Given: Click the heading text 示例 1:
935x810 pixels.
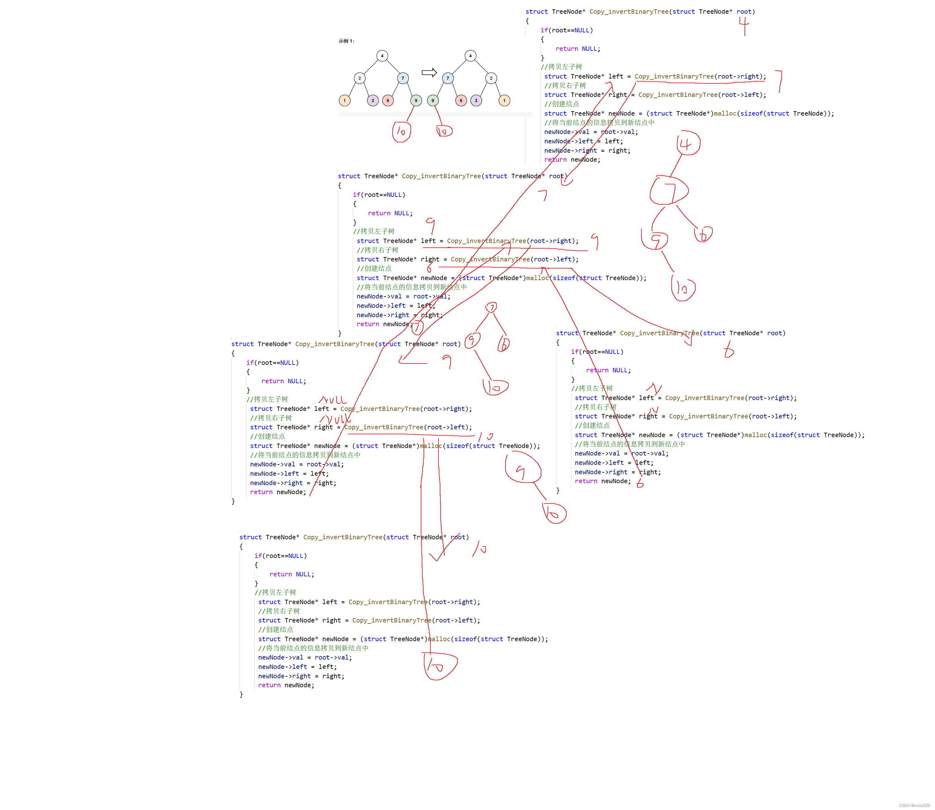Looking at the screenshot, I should pos(346,41).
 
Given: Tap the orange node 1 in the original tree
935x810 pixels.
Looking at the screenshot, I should pos(344,100).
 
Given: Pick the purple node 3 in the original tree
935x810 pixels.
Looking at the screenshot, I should pos(372,100).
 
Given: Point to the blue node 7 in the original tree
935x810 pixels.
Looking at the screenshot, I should pos(403,78).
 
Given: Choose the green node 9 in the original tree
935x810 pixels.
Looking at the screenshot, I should pos(416,100).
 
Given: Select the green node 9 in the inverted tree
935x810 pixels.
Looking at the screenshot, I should pos(433,100).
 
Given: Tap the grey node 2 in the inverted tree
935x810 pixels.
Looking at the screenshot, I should pos(491,78).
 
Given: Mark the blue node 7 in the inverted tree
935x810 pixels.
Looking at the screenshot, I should pos(448,78).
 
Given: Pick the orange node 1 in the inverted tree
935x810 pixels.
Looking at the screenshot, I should pos(504,100).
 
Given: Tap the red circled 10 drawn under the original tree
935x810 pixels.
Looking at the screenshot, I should pos(401,131).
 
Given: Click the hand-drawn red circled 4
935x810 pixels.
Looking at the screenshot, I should pos(688,143).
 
